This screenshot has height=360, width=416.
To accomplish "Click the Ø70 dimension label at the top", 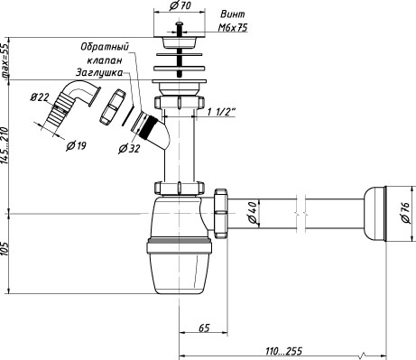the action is [180, 5].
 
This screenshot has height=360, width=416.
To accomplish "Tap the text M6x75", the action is [233, 28].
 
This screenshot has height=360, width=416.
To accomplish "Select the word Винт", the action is [233, 14].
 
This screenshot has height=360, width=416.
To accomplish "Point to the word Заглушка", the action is [99, 73].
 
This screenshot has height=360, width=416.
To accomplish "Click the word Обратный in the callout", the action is [105, 47].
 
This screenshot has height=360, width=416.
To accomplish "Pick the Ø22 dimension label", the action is [40, 97].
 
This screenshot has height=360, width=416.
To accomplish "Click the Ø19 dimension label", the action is [76, 146].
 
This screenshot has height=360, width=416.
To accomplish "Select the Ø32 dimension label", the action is [129, 148].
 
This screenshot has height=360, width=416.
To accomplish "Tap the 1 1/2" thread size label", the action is [221, 112].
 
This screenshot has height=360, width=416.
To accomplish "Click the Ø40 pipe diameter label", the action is [253, 213].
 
